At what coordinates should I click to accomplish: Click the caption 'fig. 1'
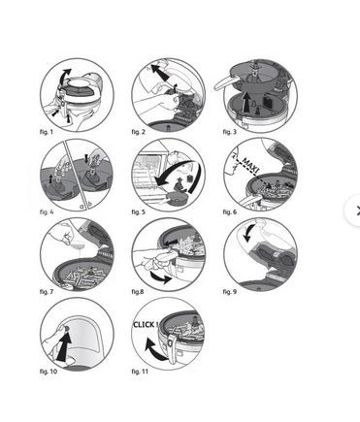pyautogui.click(x=46, y=132)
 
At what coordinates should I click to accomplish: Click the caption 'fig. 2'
pyautogui.click(x=138, y=132)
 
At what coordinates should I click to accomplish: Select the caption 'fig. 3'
pyautogui.click(x=230, y=132)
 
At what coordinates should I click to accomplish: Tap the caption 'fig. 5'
pyautogui.click(x=138, y=212)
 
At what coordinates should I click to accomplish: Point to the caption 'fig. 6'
pyautogui.click(x=230, y=212)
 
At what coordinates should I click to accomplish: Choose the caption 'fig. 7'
pyautogui.click(x=47, y=292)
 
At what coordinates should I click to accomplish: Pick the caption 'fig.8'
pyautogui.click(x=138, y=292)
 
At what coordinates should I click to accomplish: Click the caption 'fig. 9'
pyautogui.click(x=230, y=292)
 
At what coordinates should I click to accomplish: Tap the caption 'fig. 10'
pyautogui.click(x=49, y=372)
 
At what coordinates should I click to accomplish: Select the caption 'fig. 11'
pyautogui.click(x=140, y=372)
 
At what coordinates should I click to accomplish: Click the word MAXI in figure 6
pyautogui.click(x=250, y=165)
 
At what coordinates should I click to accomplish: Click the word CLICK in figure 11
pyautogui.click(x=144, y=324)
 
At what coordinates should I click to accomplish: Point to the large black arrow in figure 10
pyautogui.click(x=64, y=347)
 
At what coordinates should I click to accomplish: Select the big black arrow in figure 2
pyautogui.click(x=160, y=73)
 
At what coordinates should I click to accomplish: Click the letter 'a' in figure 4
pyautogui.click(x=82, y=206)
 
